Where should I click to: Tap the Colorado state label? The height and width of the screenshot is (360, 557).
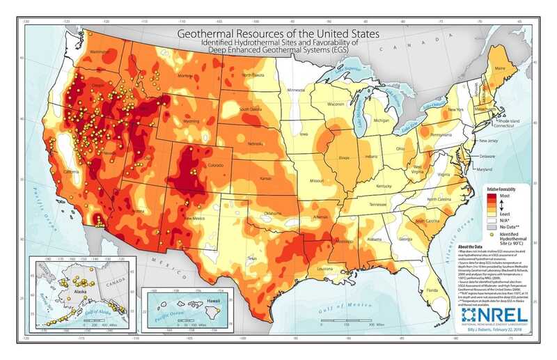[x=217, y=165]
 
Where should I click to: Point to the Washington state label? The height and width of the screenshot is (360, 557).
[x=102, y=52]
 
